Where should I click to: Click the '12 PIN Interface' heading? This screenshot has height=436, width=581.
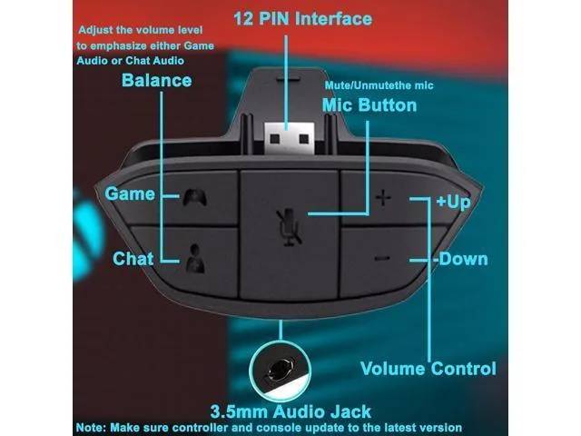coord(302,18)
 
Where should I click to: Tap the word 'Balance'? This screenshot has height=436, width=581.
coord(157,81)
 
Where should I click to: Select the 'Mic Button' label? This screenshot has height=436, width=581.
coord(369,105)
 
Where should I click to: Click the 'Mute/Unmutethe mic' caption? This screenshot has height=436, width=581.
coord(379,85)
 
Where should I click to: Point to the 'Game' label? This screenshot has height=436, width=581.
coord(130,193)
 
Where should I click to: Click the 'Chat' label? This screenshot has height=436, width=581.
coord(133,259)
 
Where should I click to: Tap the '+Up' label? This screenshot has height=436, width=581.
coord(454,202)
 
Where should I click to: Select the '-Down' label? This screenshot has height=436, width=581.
coord(460,259)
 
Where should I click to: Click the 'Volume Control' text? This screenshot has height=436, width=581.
coord(428,369)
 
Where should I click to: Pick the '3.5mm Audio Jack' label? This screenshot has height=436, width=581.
coord(290,411)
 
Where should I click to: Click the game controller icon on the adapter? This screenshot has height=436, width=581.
coord(194,198)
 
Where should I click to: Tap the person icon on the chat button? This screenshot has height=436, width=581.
coord(195,259)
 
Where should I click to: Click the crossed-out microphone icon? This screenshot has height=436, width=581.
coord(289,227)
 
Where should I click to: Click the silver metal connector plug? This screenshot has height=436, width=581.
coord(290,138)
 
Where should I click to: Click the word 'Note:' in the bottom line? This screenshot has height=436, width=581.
coord(91,428)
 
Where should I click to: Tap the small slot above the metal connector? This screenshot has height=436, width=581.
coord(289,79)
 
